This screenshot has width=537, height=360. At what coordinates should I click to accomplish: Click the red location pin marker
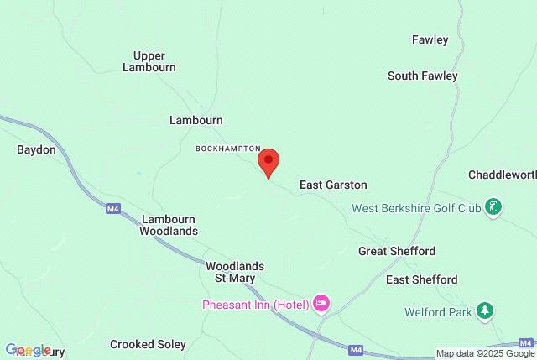tap(268, 162)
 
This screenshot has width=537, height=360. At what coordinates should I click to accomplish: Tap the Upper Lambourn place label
tap(149, 61)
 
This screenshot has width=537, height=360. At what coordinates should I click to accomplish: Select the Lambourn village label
tap(196, 120)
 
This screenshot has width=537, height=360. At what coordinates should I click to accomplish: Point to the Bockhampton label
tap(228, 148)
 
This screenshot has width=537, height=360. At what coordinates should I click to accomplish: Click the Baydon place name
tap(36, 149)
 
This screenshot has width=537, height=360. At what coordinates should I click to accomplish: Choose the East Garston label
tap(333, 185)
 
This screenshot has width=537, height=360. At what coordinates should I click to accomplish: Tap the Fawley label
tap(430, 39)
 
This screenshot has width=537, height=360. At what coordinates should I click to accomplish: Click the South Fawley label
tap(422, 76)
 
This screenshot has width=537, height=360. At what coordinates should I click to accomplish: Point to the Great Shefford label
tap(397, 251)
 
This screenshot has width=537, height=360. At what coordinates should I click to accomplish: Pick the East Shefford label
tap(421, 279)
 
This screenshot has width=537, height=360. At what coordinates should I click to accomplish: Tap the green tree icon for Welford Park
tap(484, 310)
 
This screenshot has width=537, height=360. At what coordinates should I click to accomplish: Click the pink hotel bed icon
tap(321, 303)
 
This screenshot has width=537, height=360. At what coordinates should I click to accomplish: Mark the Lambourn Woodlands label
tap(169, 224)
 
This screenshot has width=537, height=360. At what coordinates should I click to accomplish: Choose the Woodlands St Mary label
tap(231, 271)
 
